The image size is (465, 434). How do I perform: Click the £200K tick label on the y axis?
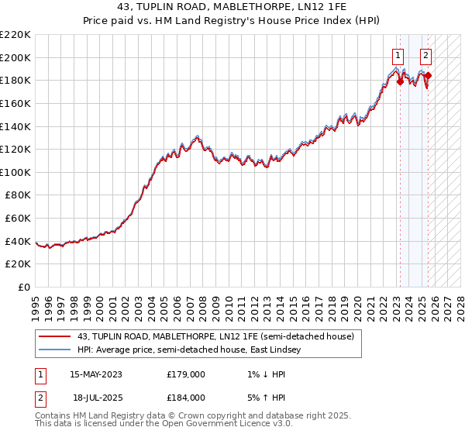click(x=15, y=57)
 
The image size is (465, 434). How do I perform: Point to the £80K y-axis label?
click(x=18, y=195)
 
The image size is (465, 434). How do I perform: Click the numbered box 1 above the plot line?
click(x=398, y=55)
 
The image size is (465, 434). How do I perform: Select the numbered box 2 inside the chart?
click(x=426, y=55)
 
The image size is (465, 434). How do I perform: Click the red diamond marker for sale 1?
click(x=400, y=82)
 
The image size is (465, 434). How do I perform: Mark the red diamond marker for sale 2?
click(x=428, y=76)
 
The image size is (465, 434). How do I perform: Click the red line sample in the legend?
click(x=55, y=336)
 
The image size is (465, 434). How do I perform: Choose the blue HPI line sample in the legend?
click(x=55, y=350)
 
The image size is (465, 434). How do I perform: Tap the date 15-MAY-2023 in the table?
click(x=96, y=374)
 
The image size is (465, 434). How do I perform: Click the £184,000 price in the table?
click(x=185, y=398)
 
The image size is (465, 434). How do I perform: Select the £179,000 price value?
click(x=185, y=374)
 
